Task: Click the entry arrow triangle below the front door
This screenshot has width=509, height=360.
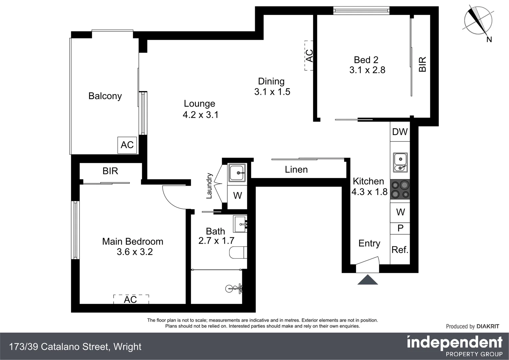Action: click(x=367, y=280)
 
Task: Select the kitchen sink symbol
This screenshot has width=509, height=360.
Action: click(x=400, y=162)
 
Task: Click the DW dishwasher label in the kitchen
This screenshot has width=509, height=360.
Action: click(x=400, y=132)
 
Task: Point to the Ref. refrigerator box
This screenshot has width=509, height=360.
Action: click(x=400, y=250)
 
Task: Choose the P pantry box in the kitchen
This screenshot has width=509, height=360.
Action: click(x=400, y=228)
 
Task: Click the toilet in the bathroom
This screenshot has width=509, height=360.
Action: click(x=238, y=252)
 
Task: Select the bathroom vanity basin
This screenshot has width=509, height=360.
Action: click(x=240, y=224)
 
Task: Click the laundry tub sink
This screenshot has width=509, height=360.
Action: click(x=237, y=173)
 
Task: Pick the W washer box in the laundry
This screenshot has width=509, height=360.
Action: click(x=237, y=195)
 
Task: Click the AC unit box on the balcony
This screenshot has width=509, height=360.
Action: click(x=127, y=145)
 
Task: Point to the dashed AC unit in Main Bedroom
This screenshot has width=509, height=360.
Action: click(x=131, y=299)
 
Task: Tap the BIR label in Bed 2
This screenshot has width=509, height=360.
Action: click(x=422, y=65)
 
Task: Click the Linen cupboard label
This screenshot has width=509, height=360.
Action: click(x=296, y=170)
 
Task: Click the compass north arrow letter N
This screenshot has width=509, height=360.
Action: click(x=489, y=40)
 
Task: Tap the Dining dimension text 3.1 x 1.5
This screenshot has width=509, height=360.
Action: click(x=272, y=92)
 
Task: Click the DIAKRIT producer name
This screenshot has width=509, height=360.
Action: click(x=488, y=326)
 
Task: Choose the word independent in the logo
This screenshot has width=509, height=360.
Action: click(x=455, y=343)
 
